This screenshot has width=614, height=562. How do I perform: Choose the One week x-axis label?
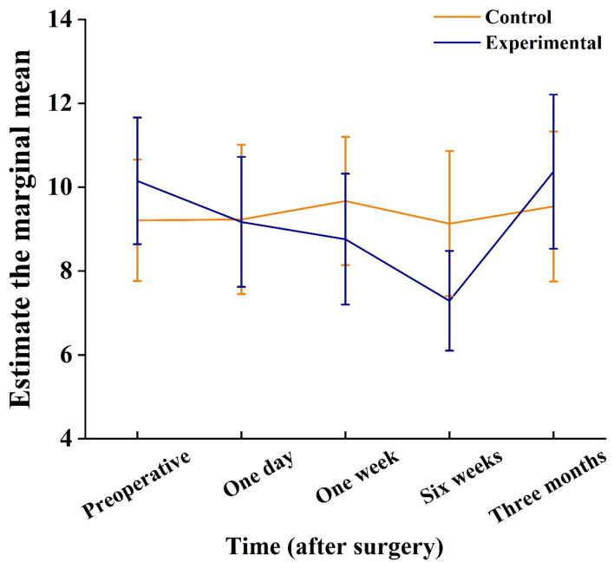click(347, 477)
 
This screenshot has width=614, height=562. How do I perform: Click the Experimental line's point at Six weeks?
click(449, 301)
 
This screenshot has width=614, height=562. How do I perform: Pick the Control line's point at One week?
click(345, 201)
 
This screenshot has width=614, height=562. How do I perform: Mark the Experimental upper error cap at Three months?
click(553, 95)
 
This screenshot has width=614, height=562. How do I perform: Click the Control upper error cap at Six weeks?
click(449, 151)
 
